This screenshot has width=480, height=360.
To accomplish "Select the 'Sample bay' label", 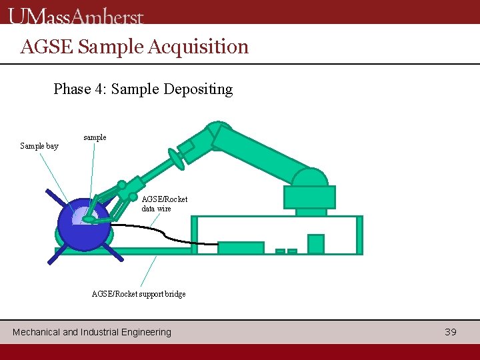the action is point(39,145).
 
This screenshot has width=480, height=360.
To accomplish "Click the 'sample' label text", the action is point(95,137).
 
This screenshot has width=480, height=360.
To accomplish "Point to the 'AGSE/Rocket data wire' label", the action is point(165,203).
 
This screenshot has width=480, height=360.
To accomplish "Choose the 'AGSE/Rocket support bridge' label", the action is point(139,294).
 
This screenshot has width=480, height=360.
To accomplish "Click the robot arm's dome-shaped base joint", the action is point(311,178).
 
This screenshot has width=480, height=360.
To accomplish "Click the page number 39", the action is point(451,331).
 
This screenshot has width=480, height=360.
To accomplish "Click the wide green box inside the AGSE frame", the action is point(241,247).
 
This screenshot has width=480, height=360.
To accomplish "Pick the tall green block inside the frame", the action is point(315,244).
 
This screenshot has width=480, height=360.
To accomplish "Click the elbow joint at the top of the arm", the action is point(219,133).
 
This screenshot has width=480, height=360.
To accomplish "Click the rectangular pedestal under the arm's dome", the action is point(309,197).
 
